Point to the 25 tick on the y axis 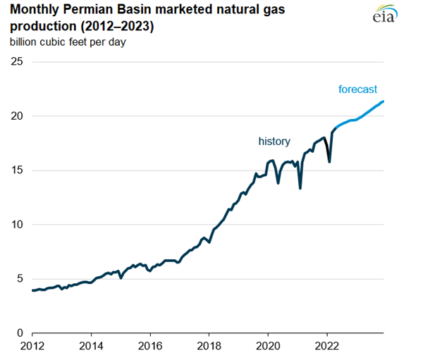pyautogui.click(x=16, y=62)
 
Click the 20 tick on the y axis pyautogui.click(x=16, y=116)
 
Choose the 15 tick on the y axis pyautogui.click(x=16, y=170)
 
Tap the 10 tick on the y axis pyautogui.click(x=16, y=225)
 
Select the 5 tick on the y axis pyautogui.click(x=20, y=279)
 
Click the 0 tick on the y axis pyautogui.click(x=20, y=333)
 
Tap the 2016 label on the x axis pyautogui.click(x=149, y=347)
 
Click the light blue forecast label pyautogui.click(x=357, y=89)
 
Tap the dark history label pyautogui.click(x=274, y=142)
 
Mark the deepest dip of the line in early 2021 pyautogui.click(x=300, y=188)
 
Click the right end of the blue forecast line pyautogui.click(x=384, y=101)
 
